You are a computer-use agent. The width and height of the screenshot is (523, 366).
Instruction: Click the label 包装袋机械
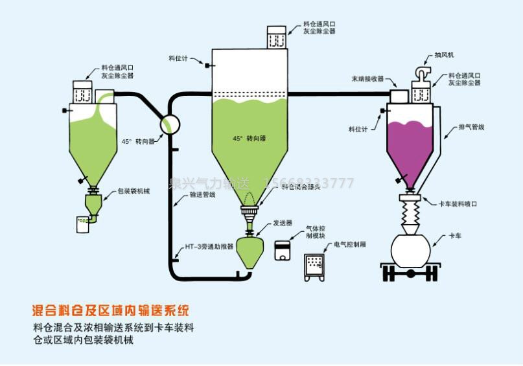[134, 192]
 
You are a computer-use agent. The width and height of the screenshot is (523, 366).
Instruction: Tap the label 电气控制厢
[350, 245]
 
